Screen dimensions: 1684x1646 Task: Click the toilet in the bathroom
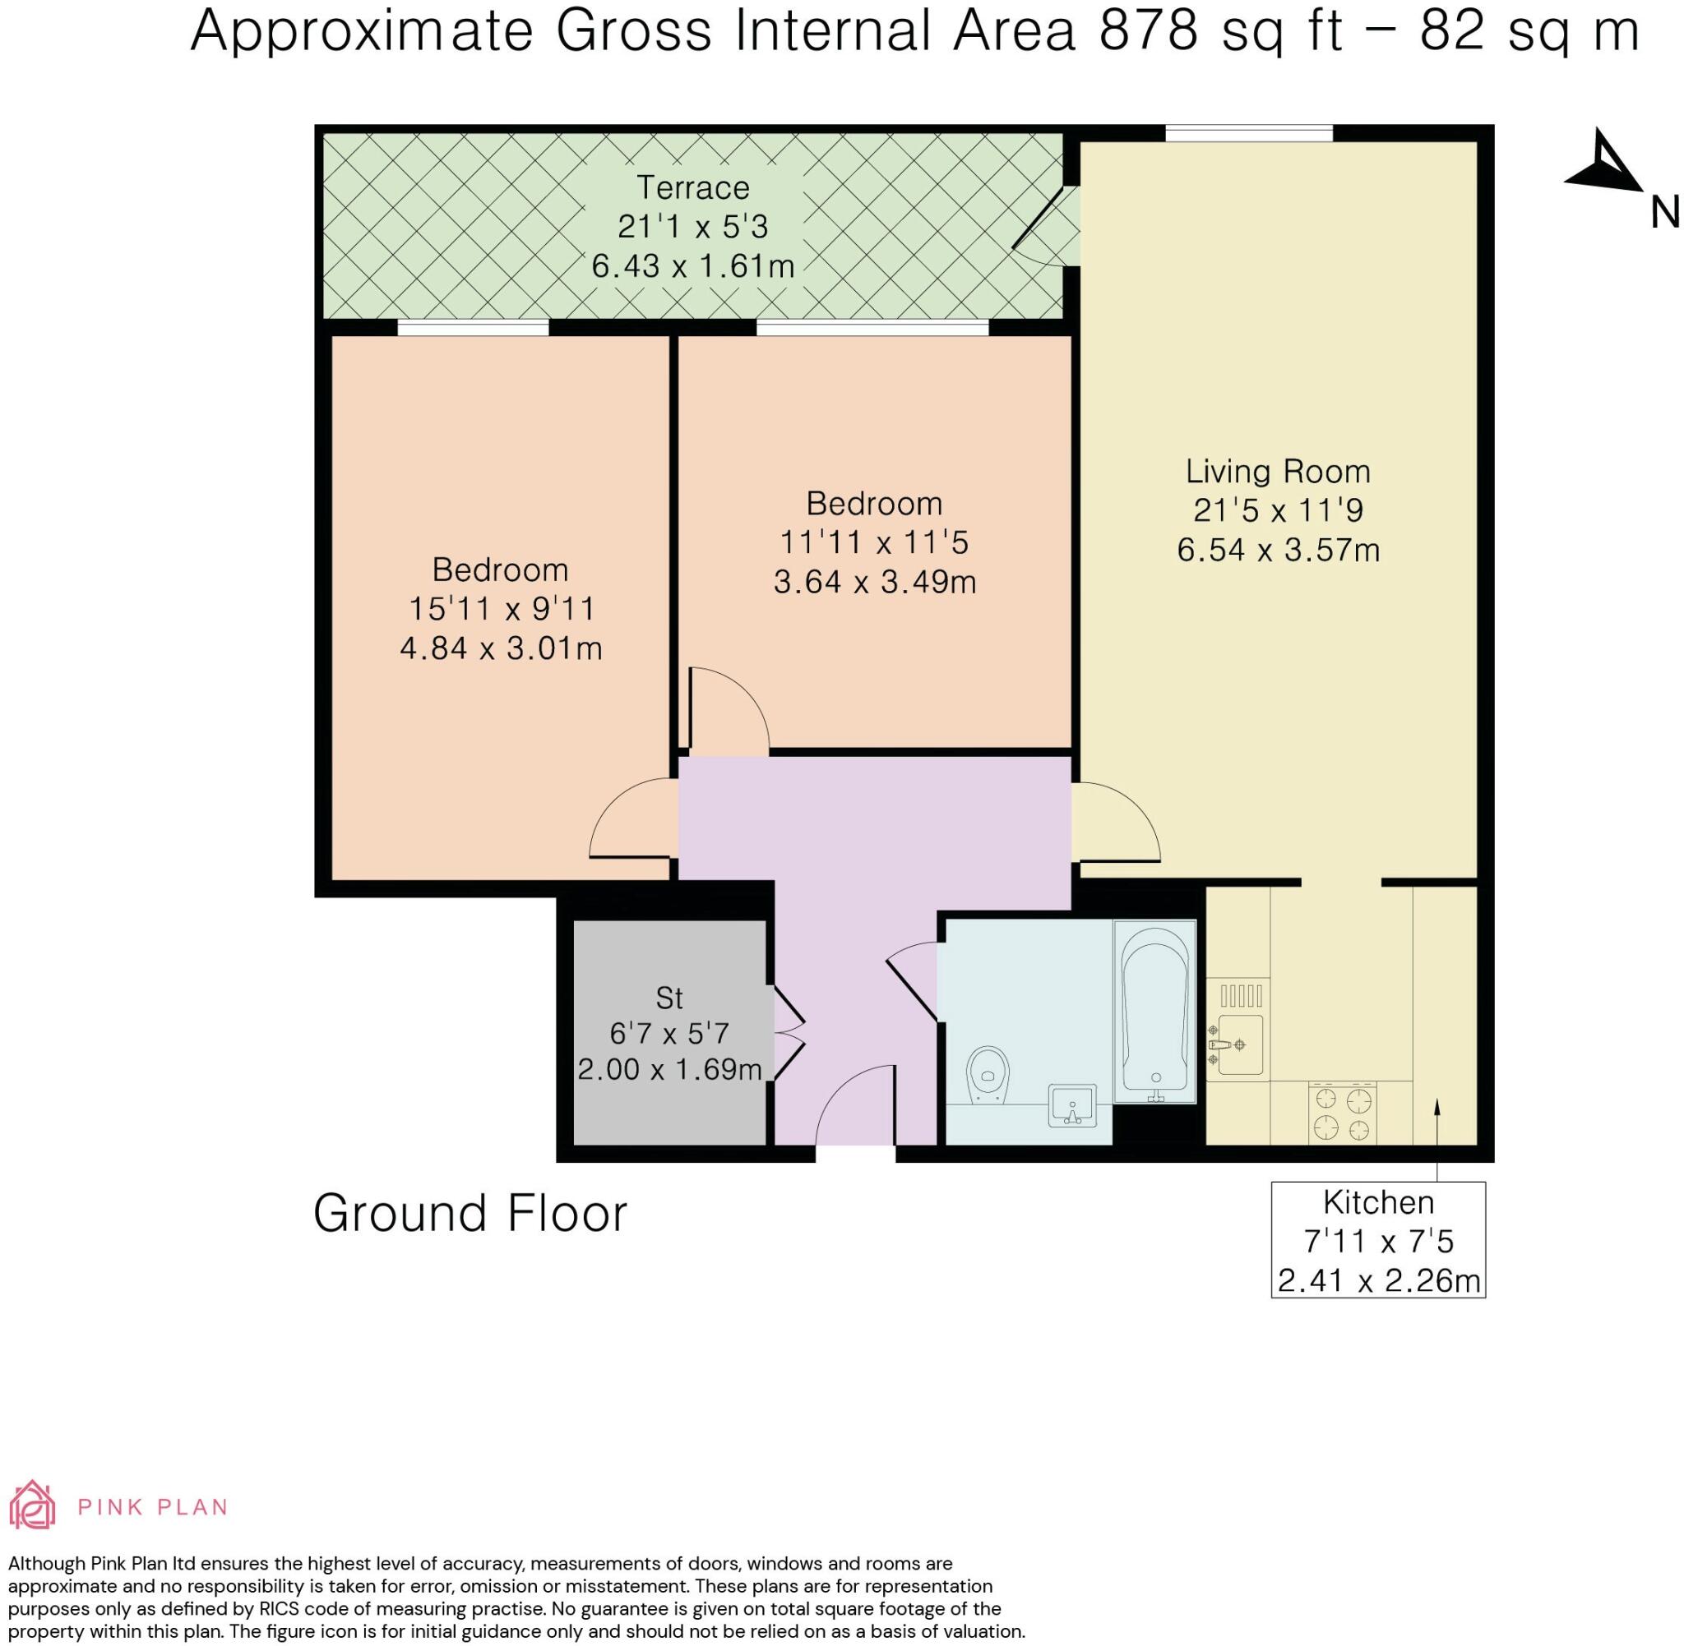988,1075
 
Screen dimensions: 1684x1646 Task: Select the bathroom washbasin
1072,1106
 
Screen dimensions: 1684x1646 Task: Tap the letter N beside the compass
1664,212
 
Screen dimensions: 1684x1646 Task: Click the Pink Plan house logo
32,1505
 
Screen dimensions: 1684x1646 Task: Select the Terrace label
693,187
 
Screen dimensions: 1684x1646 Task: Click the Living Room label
1278,471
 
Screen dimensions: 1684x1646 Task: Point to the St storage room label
669,998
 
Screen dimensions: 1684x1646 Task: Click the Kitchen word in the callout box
1378,1202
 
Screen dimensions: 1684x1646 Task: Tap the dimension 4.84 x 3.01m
501,648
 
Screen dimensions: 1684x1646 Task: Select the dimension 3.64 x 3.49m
874,582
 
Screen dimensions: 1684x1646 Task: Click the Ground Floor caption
470,1213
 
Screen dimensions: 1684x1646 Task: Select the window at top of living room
1248,133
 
